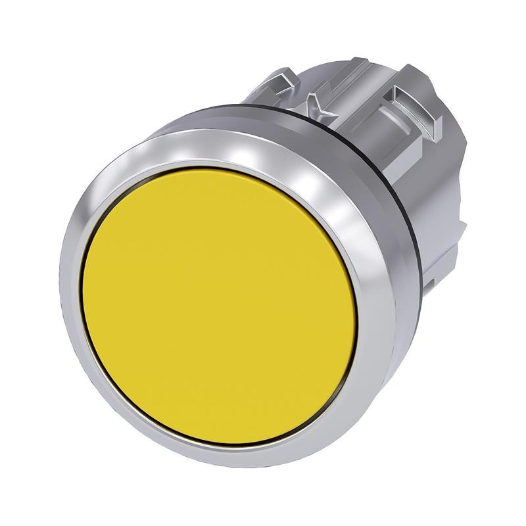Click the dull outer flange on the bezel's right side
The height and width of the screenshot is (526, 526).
click(388, 316)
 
